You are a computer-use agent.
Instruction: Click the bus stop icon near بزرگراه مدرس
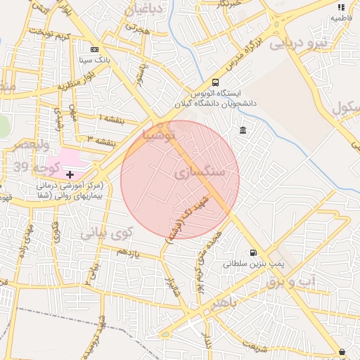click(x=214, y=82)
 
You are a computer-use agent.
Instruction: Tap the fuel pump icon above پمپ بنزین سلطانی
click(x=252, y=254)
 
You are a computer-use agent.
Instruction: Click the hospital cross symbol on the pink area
click(x=70, y=174)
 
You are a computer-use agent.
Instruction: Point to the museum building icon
click(x=243, y=131)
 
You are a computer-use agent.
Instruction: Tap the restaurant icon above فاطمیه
click(x=341, y=7)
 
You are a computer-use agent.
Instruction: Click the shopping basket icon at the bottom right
click(x=342, y=352)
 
